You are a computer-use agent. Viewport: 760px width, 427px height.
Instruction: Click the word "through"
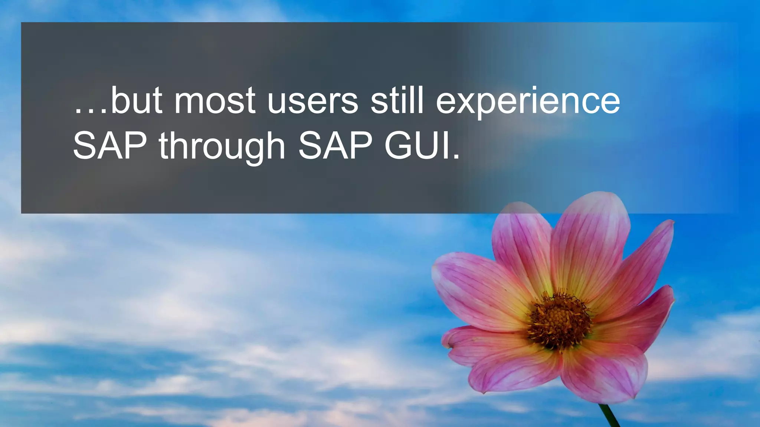point(222,147)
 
